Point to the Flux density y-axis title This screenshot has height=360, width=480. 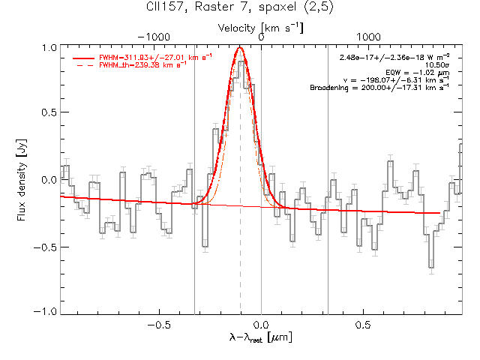[22, 180]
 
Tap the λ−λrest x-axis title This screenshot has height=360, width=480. [261, 337]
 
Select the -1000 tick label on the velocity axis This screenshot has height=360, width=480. [154, 37]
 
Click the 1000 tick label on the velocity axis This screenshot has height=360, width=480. [368, 37]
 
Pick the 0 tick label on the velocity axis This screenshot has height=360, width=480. [261, 37]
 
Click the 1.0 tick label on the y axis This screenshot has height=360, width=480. [49, 48]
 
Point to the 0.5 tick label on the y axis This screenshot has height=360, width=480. [49, 112]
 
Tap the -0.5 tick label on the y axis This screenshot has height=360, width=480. [45, 247]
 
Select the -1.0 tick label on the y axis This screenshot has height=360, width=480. [45, 312]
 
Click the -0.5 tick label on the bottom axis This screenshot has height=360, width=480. [159, 325]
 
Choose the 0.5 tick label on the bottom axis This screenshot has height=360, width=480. [363, 325]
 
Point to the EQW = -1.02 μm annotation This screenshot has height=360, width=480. [418, 73]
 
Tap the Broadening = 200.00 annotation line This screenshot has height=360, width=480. [379, 88]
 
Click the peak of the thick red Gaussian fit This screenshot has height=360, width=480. [240, 47]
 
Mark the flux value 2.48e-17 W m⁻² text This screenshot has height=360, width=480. [394, 57]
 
